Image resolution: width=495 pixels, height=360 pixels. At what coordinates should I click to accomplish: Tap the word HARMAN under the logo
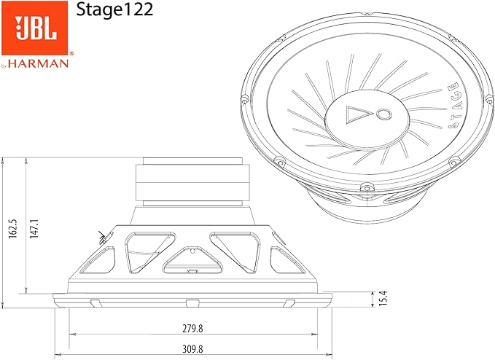(44, 63)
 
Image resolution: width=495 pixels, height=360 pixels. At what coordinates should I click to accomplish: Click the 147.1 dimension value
(34, 227)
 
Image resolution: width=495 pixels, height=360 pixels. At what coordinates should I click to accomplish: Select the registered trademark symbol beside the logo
(71, 53)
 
